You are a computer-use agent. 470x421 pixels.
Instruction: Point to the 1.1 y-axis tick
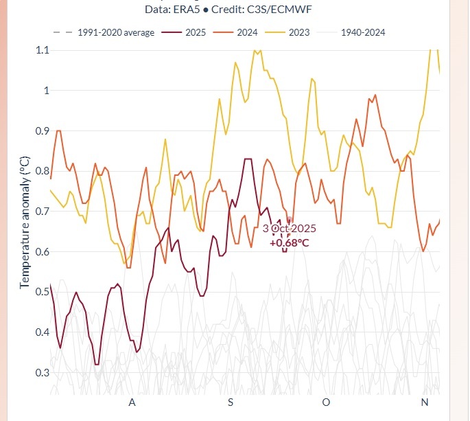(x=42, y=50)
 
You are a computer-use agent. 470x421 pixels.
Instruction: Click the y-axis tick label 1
(x=46, y=91)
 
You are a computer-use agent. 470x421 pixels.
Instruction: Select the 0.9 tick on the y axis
(x=42, y=130)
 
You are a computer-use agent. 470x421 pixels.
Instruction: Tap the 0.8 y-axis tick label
(x=42, y=171)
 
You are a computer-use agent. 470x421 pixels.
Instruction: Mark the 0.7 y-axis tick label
(x=42, y=212)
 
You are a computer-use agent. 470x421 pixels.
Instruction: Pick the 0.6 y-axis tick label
(x=42, y=252)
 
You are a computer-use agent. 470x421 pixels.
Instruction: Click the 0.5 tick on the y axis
(x=42, y=292)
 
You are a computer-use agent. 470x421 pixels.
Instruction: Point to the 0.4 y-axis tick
(x=42, y=332)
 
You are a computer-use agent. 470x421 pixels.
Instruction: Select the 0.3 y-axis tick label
(x=42, y=373)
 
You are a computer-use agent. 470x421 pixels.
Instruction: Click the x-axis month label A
(x=132, y=402)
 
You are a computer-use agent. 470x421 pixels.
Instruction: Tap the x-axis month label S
(x=231, y=402)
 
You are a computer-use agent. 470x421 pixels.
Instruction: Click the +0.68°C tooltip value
(x=289, y=242)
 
